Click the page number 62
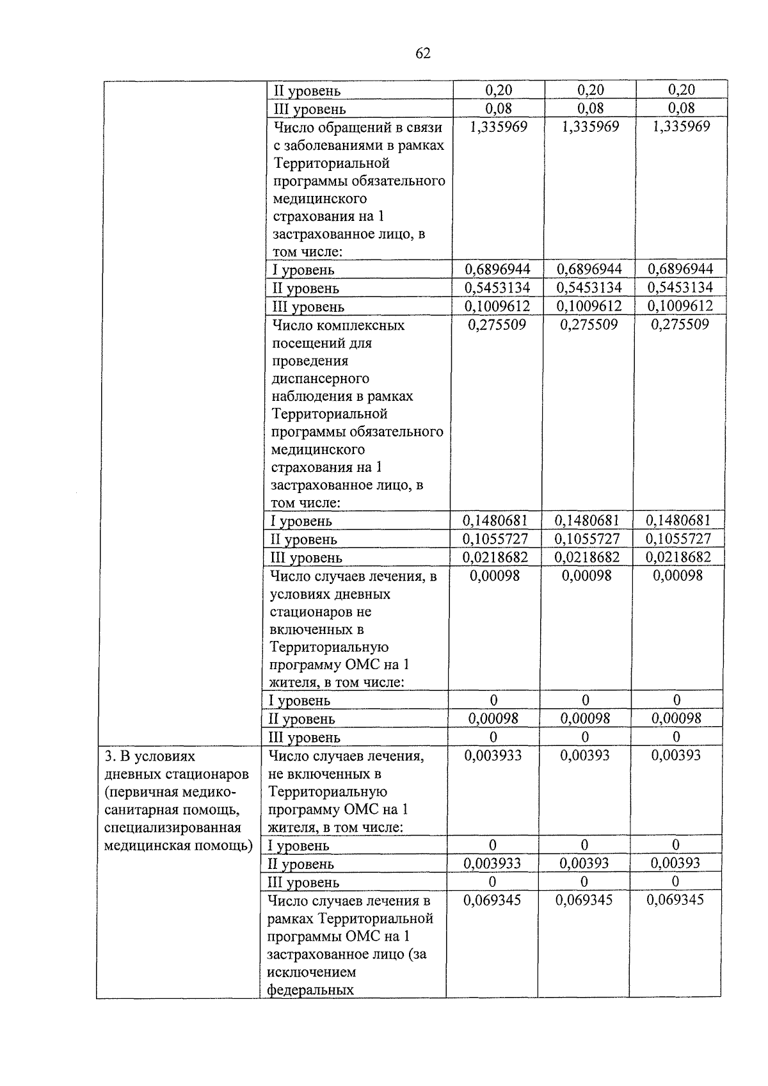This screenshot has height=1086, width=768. [423, 53]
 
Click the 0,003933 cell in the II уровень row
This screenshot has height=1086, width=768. [492, 864]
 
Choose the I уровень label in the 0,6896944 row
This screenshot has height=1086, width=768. [303, 270]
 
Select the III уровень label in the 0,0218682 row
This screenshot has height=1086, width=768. [306, 558]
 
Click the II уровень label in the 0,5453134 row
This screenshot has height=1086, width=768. [306, 289]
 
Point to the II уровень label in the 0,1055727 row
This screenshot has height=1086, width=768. [303, 540]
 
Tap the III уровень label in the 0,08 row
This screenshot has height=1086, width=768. [309, 109]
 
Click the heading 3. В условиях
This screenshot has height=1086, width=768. [150, 756]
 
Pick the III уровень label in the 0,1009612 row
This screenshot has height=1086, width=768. [308, 307]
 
